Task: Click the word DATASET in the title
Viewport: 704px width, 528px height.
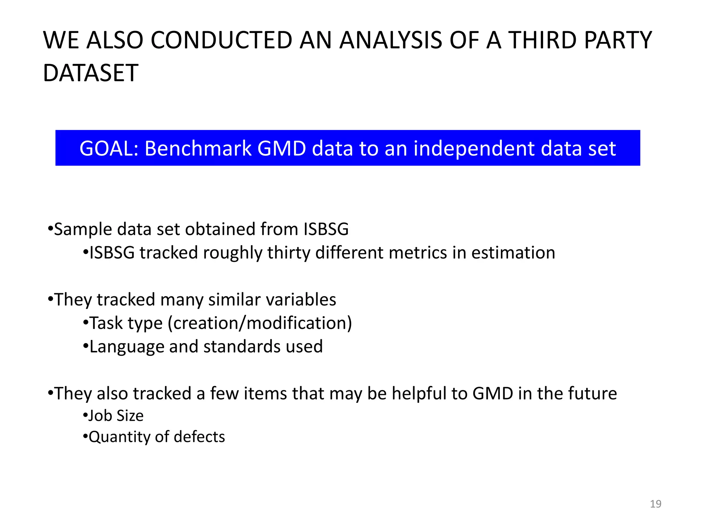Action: (90, 73)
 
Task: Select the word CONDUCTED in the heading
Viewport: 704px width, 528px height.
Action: (221, 40)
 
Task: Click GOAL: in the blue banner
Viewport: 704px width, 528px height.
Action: (109, 148)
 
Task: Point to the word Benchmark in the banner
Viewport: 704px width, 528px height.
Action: (198, 148)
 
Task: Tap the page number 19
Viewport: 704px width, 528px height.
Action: (656, 504)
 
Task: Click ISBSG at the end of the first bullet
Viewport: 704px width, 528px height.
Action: (326, 229)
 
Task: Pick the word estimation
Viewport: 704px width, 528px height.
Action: (513, 253)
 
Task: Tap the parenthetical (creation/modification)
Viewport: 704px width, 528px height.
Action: (260, 323)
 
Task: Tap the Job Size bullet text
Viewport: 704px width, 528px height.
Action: (116, 416)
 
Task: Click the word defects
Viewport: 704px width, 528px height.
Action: (199, 437)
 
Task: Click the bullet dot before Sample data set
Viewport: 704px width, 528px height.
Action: (51, 229)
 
